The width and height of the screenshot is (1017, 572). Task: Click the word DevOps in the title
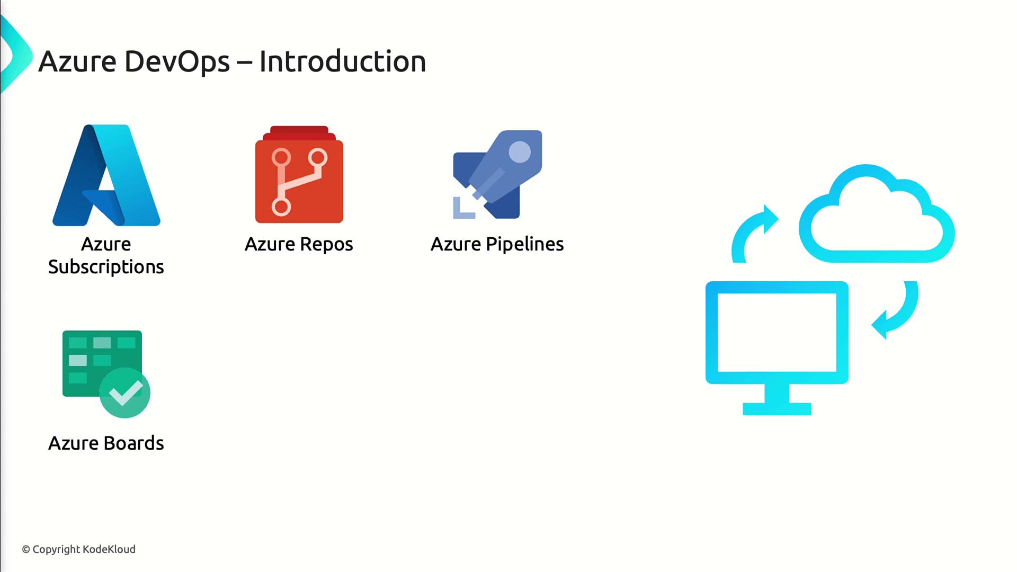[177, 61]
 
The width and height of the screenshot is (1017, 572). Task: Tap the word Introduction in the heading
[343, 61]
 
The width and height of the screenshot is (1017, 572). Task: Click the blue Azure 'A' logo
[106, 175]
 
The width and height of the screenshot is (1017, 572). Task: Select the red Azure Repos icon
[299, 174]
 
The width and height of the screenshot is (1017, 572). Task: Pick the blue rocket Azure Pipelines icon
[497, 174]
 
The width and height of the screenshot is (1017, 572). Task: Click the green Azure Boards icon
[106, 374]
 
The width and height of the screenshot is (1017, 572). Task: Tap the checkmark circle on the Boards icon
[125, 393]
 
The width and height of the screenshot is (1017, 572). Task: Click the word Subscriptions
[106, 267]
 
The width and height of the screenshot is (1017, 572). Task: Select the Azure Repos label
[299, 244]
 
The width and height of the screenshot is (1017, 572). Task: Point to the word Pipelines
[524, 244]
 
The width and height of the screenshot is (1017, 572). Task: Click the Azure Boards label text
[106, 443]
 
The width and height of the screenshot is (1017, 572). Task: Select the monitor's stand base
[777, 409]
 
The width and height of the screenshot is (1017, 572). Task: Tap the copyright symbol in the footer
[26, 550]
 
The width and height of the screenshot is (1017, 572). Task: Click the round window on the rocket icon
[520, 153]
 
